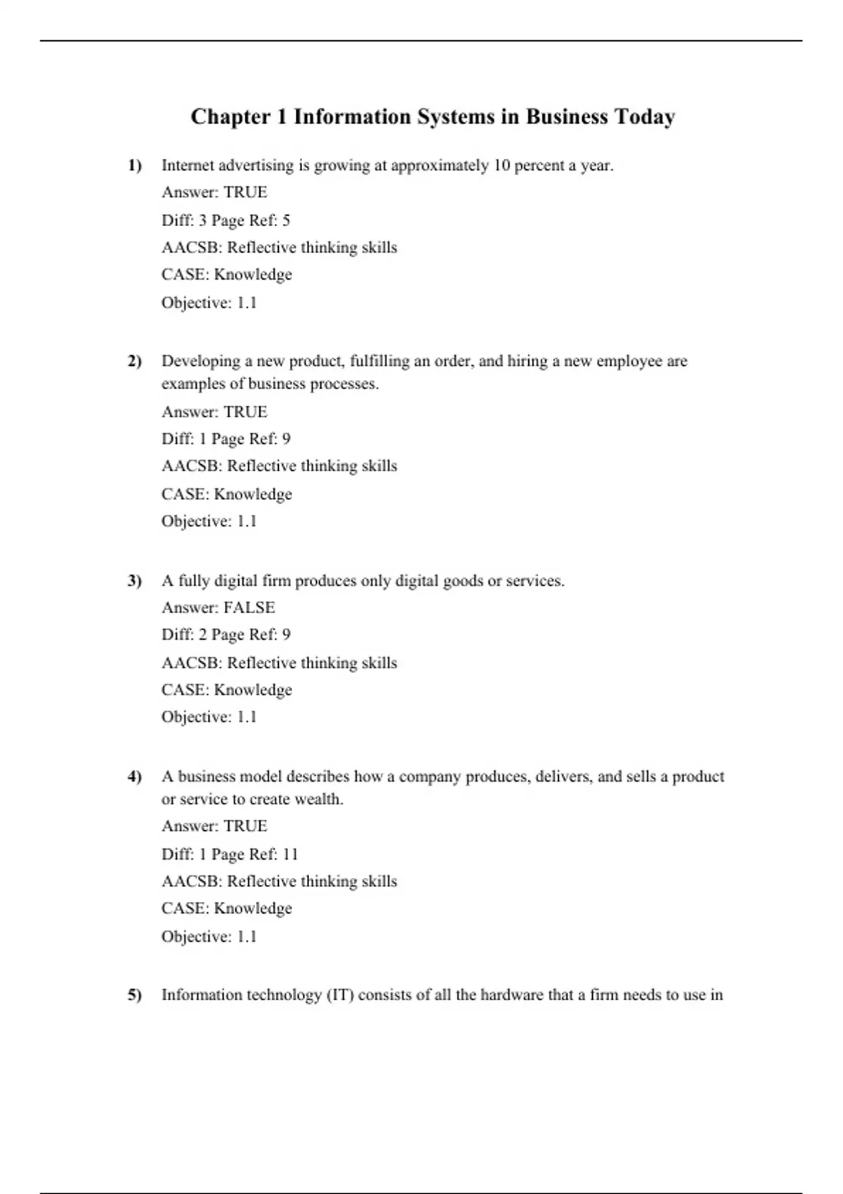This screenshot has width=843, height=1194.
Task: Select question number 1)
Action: pyautogui.click(x=134, y=166)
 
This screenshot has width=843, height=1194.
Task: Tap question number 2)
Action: pyautogui.click(x=134, y=361)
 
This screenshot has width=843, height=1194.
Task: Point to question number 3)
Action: pyautogui.click(x=134, y=581)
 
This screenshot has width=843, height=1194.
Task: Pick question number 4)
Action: pyautogui.click(x=134, y=776)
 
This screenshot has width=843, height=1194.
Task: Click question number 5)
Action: pyautogui.click(x=134, y=995)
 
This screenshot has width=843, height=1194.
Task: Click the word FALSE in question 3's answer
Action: pyautogui.click(x=249, y=608)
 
